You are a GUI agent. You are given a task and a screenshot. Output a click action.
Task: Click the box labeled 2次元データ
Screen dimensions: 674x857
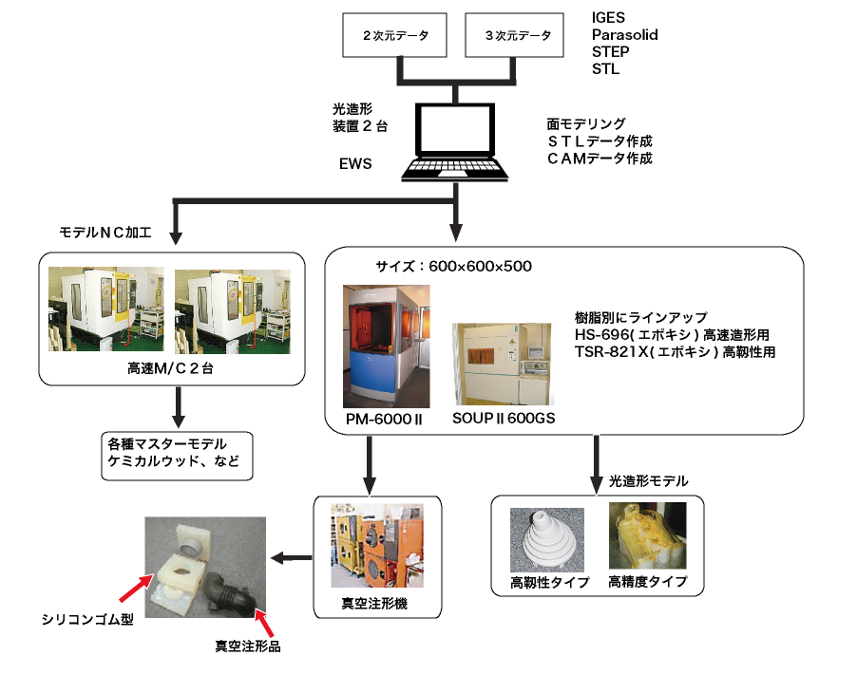click(x=396, y=36)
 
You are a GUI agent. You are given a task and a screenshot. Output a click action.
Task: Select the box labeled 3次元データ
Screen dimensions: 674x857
click(x=517, y=36)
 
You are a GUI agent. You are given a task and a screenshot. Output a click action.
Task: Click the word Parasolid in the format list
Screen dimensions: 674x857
click(x=624, y=35)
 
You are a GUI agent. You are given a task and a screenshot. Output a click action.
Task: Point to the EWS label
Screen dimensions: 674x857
click(x=355, y=163)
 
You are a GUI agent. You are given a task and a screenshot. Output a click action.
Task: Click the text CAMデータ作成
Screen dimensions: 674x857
click(x=600, y=159)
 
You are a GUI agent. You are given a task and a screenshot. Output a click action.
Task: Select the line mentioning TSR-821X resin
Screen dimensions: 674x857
click(x=676, y=350)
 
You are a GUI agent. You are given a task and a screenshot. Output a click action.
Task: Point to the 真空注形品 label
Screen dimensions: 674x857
click(x=248, y=647)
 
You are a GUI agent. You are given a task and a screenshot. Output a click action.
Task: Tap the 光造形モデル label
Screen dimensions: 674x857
click(x=648, y=482)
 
